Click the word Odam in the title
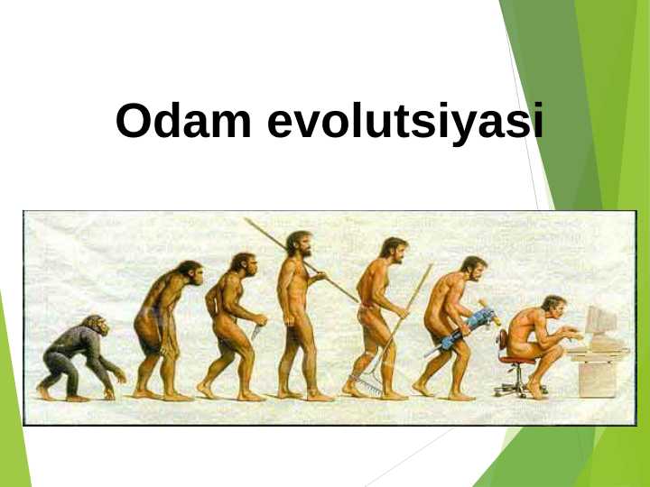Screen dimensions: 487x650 184,122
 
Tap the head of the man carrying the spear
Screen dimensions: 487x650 299,243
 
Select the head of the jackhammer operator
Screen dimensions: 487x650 473,268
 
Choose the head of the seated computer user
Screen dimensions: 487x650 553,307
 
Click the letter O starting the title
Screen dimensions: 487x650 133,122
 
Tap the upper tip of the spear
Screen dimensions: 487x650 246,220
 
